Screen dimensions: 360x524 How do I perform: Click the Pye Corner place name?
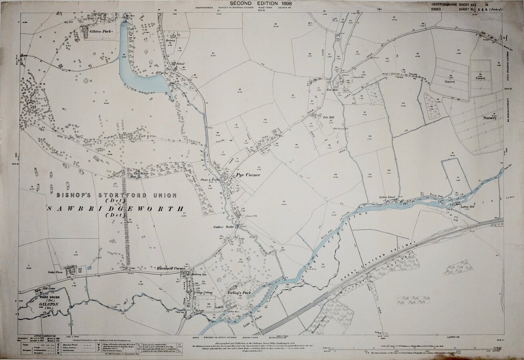tap(248, 175)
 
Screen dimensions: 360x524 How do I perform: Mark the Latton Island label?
tap(387, 197)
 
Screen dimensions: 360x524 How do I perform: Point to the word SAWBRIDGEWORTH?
tap(116, 209)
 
